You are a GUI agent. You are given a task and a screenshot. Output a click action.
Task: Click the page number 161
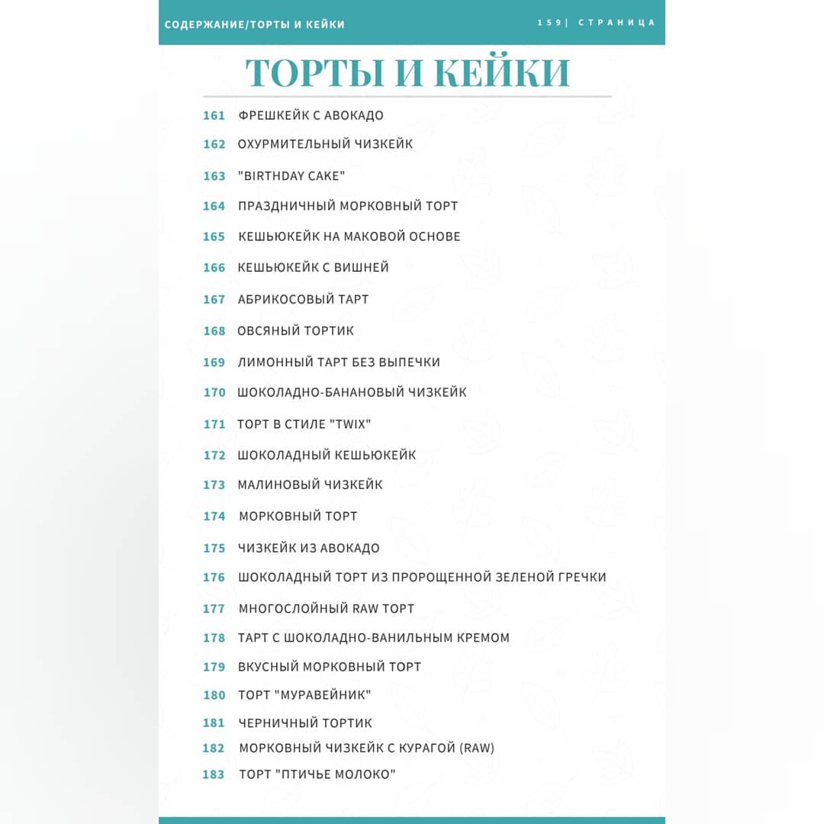coord(214,116)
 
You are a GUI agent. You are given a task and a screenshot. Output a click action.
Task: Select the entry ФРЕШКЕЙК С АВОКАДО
coord(311,116)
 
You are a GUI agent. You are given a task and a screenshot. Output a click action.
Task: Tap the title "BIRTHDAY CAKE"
coord(291,176)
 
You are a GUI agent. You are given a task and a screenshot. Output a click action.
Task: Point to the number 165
coord(214,237)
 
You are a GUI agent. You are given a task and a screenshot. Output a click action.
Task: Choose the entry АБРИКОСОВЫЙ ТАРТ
coord(303,300)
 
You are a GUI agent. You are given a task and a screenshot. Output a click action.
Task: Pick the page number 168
coord(214,331)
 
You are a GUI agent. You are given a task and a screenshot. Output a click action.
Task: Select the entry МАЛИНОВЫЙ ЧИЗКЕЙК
coord(310,485)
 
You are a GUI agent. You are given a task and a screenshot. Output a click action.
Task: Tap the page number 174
coord(214,517)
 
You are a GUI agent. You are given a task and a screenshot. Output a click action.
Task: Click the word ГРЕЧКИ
coord(580,578)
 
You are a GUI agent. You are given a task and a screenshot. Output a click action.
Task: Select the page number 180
coord(214,695)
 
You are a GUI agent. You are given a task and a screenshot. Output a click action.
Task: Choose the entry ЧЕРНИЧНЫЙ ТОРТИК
coord(304,723)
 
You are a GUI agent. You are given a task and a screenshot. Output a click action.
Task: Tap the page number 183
coord(214,775)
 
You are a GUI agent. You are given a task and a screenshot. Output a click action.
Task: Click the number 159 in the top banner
coord(549,23)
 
